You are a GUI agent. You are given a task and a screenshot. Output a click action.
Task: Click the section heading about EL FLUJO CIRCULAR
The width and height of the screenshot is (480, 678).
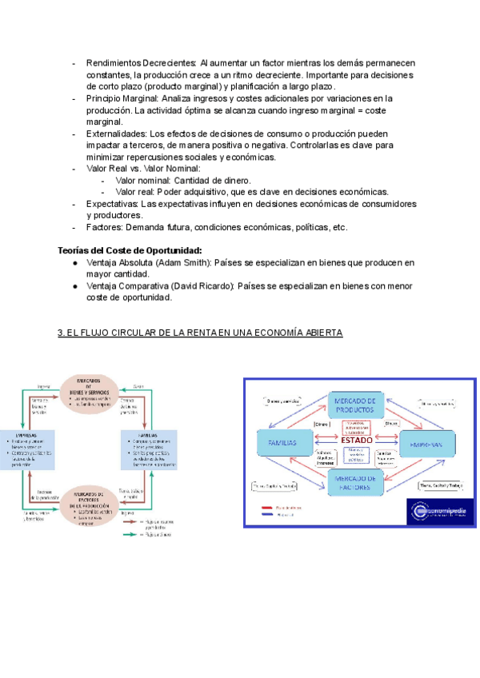coord(201,333)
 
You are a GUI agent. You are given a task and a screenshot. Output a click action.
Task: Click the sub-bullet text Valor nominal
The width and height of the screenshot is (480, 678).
coord(148,181)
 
